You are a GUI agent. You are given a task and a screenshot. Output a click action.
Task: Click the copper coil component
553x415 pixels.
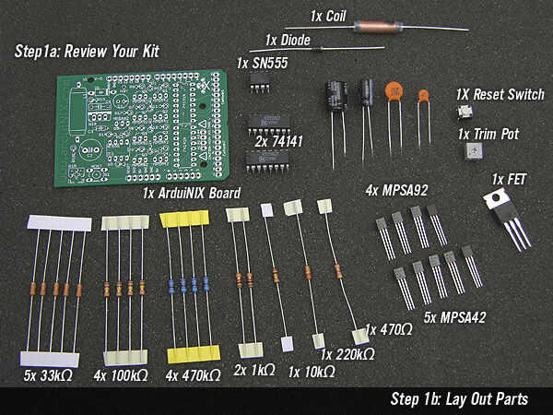pyautogui.click(x=377, y=27)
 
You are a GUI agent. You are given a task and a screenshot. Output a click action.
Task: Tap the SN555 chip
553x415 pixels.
pyautogui.click(x=260, y=84)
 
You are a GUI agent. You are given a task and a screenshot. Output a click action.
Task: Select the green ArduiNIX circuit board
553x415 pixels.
pyautogui.click(x=142, y=128)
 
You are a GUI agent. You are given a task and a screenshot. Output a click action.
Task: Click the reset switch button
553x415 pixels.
pyautogui.click(x=465, y=112)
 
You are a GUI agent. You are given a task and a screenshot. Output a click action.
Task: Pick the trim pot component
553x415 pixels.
pyautogui.click(x=474, y=151)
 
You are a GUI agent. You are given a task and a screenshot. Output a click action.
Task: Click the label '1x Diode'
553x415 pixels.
pyautogui.click(x=288, y=41)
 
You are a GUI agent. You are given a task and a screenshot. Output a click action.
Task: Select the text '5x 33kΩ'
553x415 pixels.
pyautogui.click(x=48, y=375)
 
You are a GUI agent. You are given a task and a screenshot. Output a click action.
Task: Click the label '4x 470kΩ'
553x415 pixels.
pyautogui.click(x=193, y=376)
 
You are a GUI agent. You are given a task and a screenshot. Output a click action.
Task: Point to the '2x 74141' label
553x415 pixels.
pyautogui.click(x=278, y=141)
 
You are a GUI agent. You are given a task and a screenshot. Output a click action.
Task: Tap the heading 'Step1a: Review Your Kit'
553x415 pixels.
pyautogui.click(x=87, y=52)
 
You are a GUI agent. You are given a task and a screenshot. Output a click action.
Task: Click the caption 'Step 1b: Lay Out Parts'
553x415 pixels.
pyautogui.click(x=459, y=399)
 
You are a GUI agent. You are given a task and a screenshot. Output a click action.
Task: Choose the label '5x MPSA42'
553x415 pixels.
pyautogui.click(x=454, y=317)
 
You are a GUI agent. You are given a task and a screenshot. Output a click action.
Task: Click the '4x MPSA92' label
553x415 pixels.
pyautogui.click(x=396, y=191)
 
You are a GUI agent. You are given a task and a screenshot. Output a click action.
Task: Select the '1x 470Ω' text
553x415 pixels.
pyautogui.click(x=388, y=330)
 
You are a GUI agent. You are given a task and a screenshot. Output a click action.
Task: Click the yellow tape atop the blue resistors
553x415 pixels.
pyautogui.click(x=184, y=219)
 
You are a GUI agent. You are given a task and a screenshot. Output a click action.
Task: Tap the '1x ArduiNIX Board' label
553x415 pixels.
pyautogui.click(x=192, y=193)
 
